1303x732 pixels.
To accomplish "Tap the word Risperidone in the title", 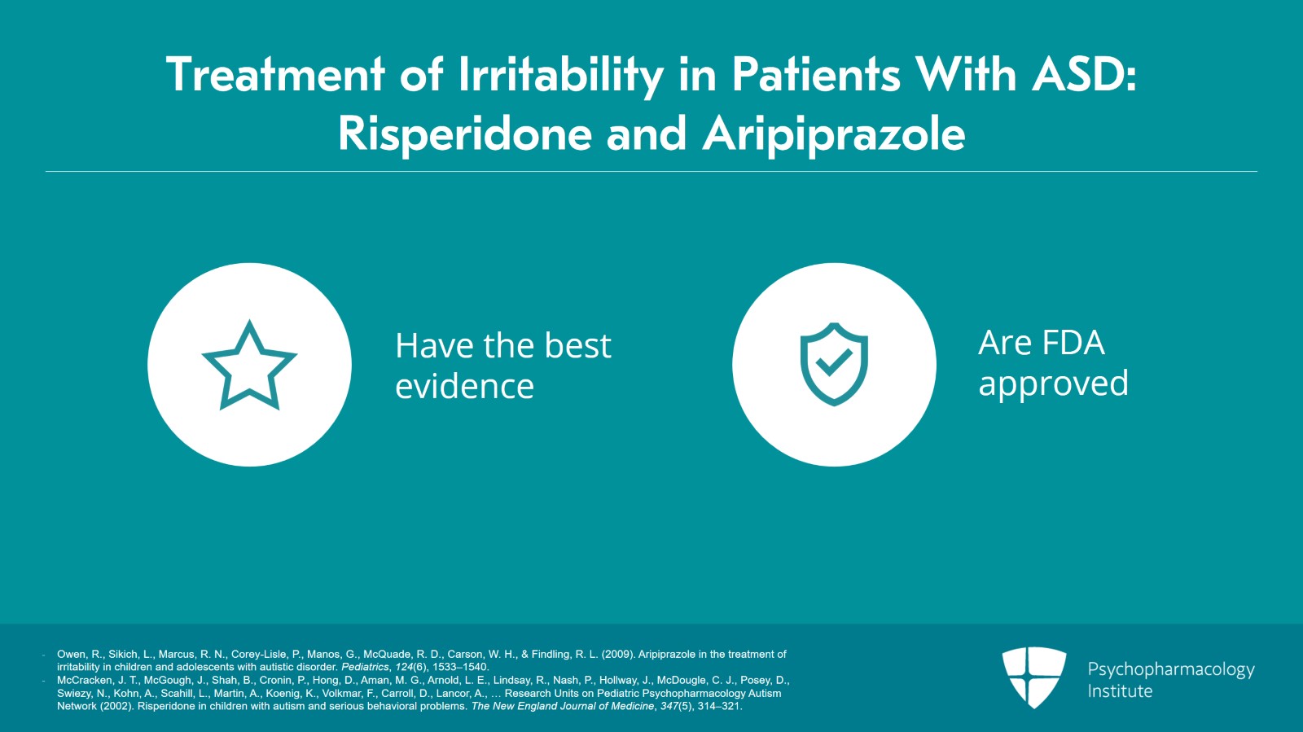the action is [465, 134].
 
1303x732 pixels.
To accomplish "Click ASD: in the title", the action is [1084, 74].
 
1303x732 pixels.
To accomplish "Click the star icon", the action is [249, 365].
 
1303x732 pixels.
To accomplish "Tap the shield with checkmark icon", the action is [834, 364].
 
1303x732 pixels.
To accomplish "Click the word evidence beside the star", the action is [464, 386].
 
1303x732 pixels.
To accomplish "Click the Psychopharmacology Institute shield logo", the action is [1034, 677].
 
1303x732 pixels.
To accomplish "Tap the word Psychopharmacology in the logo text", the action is [1171, 670].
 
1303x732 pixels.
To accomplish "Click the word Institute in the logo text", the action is [1120, 691].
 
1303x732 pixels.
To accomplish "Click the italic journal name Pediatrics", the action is [365, 667].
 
